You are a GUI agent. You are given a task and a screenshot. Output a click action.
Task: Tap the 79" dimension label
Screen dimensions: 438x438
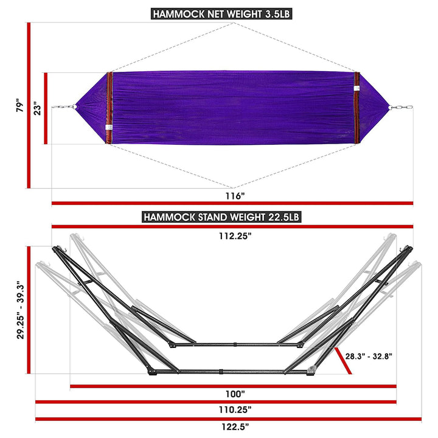(x=20, y=106)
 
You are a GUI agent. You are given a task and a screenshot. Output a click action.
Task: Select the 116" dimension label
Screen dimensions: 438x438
(x=233, y=196)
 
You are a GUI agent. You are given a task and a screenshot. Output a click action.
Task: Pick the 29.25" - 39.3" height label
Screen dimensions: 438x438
(x=20, y=310)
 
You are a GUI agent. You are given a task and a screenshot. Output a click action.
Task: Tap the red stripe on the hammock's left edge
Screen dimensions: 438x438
(x=109, y=108)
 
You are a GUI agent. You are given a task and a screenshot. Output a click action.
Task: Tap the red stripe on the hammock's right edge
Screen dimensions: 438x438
(x=357, y=108)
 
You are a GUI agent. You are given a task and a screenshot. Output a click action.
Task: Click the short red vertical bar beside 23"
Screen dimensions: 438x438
(x=45, y=108)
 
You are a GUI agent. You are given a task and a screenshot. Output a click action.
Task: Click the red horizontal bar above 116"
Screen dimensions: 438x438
(x=232, y=203)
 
